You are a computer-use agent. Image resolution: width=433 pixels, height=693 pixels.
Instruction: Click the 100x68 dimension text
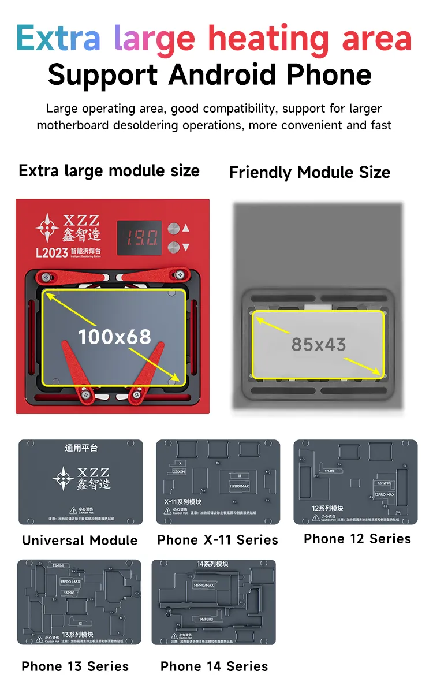click(x=114, y=336)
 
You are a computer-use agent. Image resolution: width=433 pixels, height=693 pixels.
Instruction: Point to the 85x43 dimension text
click(x=318, y=345)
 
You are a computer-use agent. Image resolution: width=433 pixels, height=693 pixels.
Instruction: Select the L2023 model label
click(x=51, y=252)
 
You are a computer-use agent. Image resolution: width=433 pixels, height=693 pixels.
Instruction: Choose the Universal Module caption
click(x=80, y=541)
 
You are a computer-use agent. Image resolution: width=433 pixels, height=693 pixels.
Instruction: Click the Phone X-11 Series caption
click(x=218, y=540)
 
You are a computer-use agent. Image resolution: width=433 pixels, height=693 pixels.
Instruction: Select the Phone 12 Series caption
click(x=357, y=539)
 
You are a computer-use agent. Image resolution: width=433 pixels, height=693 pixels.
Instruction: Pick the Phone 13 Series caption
click(x=75, y=666)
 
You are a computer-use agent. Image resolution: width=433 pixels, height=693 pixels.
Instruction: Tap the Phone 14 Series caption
click(x=214, y=666)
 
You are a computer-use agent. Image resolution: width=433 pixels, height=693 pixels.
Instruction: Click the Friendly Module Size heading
click(x=309, y=172)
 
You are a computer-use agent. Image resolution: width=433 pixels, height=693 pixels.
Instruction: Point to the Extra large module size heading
click(x=109, y=171)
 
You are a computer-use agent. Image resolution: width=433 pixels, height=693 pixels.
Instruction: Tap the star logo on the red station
click(x=46, y=228)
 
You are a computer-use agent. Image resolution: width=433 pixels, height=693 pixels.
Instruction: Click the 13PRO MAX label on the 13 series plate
click(x=70, y=582)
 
